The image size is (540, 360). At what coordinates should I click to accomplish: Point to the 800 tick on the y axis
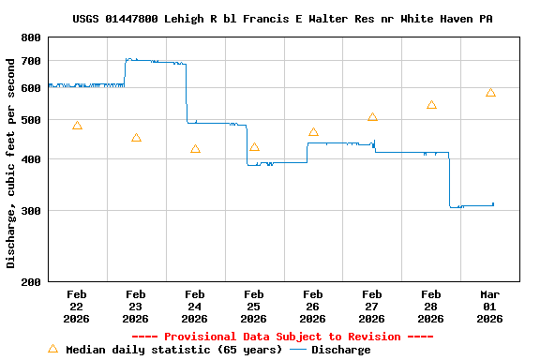pos(31,37)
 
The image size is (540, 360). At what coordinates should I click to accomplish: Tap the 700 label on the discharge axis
pos(31,61)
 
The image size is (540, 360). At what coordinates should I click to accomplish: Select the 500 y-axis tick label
pos(31,120)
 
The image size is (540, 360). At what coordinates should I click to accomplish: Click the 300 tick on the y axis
pos(31,211)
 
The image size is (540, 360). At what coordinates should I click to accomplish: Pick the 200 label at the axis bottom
pos(31,281)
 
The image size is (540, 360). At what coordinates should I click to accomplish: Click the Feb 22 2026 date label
pos(77,306)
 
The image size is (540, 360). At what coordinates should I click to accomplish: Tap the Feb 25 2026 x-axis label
pos(254,306)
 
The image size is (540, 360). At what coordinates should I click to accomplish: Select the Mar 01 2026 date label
pos(489,306)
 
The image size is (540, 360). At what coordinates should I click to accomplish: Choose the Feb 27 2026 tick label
pos(372,306)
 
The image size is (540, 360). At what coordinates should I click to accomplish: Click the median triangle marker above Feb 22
pos(77,126)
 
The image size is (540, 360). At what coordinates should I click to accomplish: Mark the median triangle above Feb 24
pos(195,149)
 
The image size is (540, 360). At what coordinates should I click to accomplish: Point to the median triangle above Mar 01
pos(490,93)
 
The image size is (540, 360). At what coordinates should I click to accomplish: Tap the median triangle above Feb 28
pos(431,105)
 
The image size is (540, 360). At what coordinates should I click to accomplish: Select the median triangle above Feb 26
pos(313,132)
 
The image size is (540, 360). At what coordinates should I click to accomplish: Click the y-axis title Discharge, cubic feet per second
pos(11,163)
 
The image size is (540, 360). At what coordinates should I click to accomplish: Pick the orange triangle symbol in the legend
pos(52,349)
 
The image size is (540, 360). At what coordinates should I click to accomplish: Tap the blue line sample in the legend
pos(298,350)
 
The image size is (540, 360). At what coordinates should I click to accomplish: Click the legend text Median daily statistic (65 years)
pos(173,350)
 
